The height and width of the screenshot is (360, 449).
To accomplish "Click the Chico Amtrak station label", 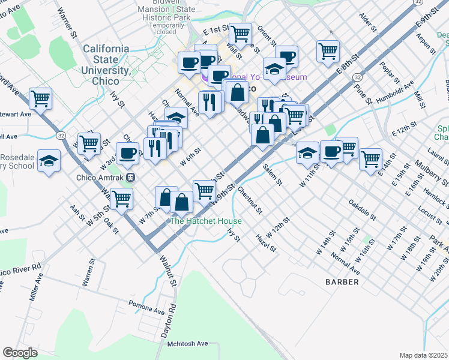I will (x=101, y=177).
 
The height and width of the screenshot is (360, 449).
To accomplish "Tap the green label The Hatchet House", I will (x=206, y=221).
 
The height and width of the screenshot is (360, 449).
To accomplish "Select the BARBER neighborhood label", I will (x=342, y=281).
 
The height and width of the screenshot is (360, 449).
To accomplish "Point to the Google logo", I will (x=20, y=352).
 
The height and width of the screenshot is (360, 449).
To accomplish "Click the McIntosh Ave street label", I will (x=187, y=343).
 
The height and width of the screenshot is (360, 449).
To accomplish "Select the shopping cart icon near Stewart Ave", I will (x=40, y=98).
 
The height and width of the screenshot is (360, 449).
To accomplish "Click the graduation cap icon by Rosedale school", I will (x=49, y=161).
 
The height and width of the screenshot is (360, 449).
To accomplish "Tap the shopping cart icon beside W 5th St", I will (x=121, y=198).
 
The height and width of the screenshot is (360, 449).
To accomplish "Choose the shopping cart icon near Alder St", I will (x=328, y=50).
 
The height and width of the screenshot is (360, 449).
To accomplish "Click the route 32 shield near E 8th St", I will (x=357, y=77).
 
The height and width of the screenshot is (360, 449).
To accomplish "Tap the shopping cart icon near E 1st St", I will (x=240, y=34).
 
